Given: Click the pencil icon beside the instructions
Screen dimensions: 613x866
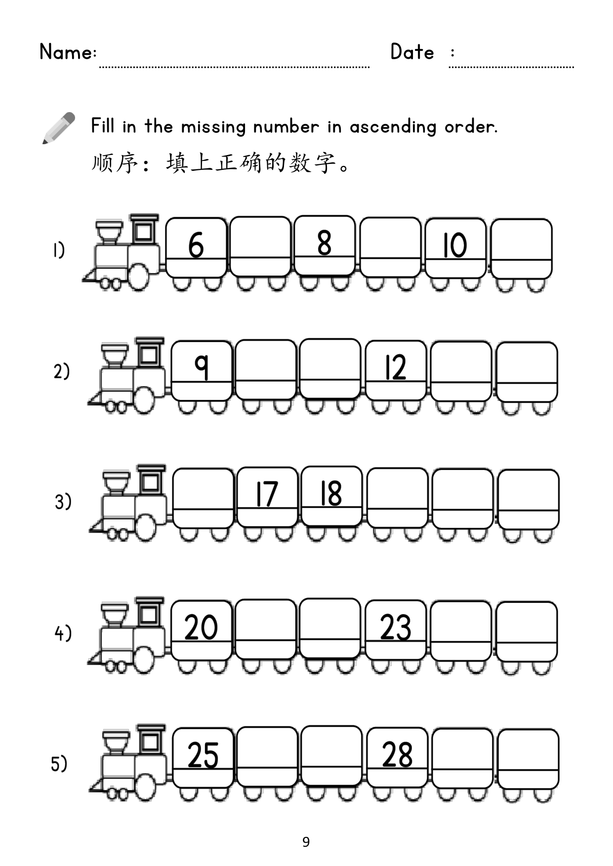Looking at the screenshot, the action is click(59, 128).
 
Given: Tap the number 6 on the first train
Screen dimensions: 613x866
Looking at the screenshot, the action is click(196, 244).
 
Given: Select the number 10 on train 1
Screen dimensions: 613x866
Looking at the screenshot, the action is click(454, 245).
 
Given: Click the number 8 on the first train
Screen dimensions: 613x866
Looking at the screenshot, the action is click(324, 242).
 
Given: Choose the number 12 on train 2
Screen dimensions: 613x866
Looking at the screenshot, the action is click(395, 367).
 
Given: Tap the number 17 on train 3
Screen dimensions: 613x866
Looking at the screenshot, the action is click(266, 494).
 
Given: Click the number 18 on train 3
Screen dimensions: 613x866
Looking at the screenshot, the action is click(331, 493).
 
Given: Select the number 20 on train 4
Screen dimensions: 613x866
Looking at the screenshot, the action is click(201, 627).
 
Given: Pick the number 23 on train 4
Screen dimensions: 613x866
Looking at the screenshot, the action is click(396, 628).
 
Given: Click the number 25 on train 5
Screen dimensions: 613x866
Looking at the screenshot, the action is click(203, 755).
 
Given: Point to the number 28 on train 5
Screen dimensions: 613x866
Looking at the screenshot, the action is click(397, 755).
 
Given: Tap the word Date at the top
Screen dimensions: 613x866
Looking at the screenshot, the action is click(412, 51).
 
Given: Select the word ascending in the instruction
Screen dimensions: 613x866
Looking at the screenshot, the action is click(393, 127).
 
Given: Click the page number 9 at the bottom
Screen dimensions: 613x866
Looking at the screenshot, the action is click(306, 841).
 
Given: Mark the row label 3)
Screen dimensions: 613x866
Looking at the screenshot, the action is click(63, 502).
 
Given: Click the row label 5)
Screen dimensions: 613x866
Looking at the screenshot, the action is click(59, 764).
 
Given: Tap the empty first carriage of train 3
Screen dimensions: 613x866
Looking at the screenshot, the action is click(204, 498).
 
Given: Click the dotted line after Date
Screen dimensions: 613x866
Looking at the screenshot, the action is click(511, 67).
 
